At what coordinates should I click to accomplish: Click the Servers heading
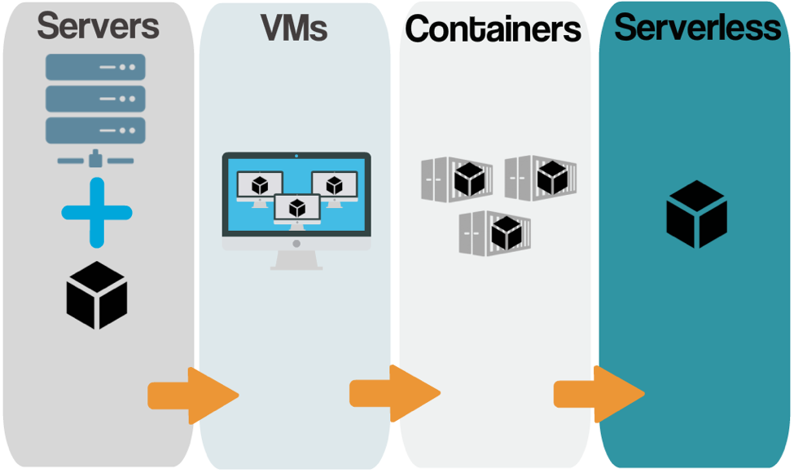tap(98, 26)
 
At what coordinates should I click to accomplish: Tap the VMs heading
tap(294, 28)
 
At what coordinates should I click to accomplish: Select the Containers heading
tap(493, 29)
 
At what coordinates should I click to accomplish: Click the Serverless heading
tap(697, 28)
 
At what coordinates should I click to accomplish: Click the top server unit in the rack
tap(95, 67)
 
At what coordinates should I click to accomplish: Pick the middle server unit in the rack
tap(95, 98)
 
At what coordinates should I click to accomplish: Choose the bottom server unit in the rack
tap(95, 130)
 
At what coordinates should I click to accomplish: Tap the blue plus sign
tap(97, 212)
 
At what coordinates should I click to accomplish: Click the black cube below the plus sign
tap(97, 294)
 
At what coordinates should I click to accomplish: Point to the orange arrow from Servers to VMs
tap(192, 396)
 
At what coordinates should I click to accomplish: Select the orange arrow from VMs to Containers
tap(394, 394)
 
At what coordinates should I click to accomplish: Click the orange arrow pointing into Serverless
tap(599, 394)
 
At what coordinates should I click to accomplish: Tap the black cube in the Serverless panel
tap(696, 214)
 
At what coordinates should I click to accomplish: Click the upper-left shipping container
tap(457, 179)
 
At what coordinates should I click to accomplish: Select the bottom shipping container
tap(495, 233)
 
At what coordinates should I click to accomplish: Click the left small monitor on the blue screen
tap(260, 186)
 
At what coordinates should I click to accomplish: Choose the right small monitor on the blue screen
tap(334, 186)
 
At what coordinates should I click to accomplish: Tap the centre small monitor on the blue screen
tap(296, 209)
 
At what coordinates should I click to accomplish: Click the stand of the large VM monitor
tap(296, 260)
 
